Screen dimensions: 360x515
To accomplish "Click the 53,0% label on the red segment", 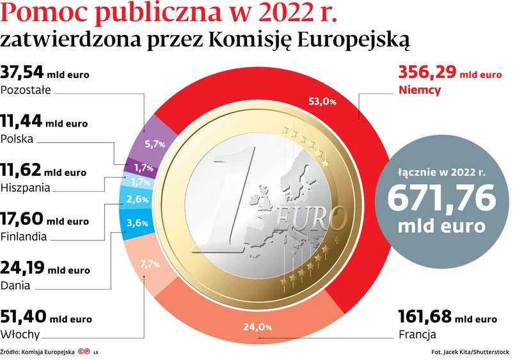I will pyautogui.click(x=322, y=101).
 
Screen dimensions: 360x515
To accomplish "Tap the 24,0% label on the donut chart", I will pyautogui.click(x=258, y=327).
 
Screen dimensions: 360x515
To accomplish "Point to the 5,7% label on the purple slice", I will pyautogui.click(x=155, y=144).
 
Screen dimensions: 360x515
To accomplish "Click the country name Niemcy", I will pyautogui.click(x=419, y=90).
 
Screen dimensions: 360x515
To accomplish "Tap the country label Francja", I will pyautogui.click(x=417, y=334).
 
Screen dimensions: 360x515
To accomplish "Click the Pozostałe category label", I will pyautogui.click(x=26, y=90).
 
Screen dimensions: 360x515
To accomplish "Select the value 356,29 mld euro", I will pyautogui.click(x=450, y=73).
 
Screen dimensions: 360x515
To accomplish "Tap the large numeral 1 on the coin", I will pyautogui.click(x=224, y=198).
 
